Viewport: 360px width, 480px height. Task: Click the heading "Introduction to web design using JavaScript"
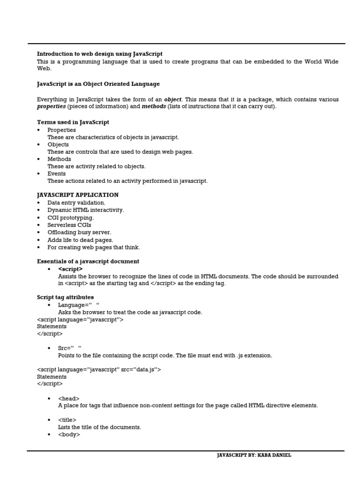(99, 54)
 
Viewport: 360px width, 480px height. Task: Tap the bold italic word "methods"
(154, 106)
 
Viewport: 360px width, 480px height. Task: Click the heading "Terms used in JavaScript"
(73, 122)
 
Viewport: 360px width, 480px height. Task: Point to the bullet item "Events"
(57, 173)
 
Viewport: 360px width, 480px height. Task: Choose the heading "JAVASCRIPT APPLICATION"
(78, 195)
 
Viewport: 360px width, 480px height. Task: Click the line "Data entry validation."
(76, 203)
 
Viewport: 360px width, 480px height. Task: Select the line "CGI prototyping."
(70, 217)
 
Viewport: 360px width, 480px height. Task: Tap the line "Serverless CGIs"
(69, 225)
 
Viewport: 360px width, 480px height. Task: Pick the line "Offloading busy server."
(79, 232)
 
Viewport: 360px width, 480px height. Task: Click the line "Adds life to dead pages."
(80, 240)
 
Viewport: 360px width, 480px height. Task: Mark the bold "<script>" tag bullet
(70, 269)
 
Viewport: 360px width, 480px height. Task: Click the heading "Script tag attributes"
(65, 297)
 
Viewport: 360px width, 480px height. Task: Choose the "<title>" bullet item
(67, 420)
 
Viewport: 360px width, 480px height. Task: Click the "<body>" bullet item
(69, 435)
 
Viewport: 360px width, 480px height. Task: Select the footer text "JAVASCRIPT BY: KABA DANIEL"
(254, 455)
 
